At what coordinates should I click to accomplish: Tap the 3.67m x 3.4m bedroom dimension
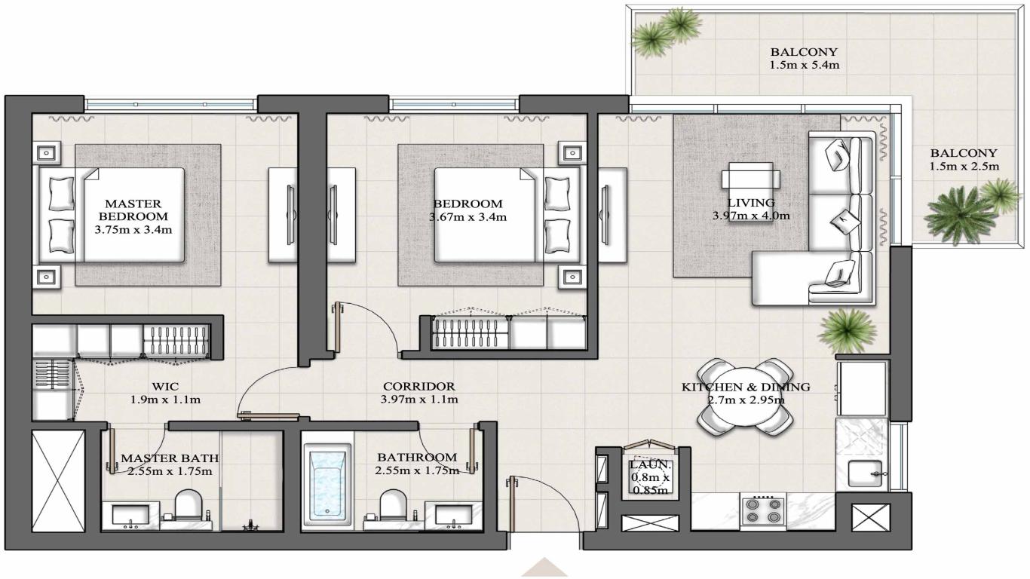pos(467,217)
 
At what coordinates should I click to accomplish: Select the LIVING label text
pos(750,202)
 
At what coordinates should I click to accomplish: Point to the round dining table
pos(744,397)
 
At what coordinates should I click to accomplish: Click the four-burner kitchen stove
pos(762,510)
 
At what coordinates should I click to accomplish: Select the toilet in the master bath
pos(186,506)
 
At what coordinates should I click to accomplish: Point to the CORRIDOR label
pos(418,386)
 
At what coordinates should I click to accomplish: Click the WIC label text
pos(164,386)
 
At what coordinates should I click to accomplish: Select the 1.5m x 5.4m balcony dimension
pos(804,65)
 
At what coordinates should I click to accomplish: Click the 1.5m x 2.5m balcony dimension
pos(963,166)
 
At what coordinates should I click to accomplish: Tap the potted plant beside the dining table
pos(848,329)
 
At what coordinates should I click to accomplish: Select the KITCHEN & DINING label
pos(745,387)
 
